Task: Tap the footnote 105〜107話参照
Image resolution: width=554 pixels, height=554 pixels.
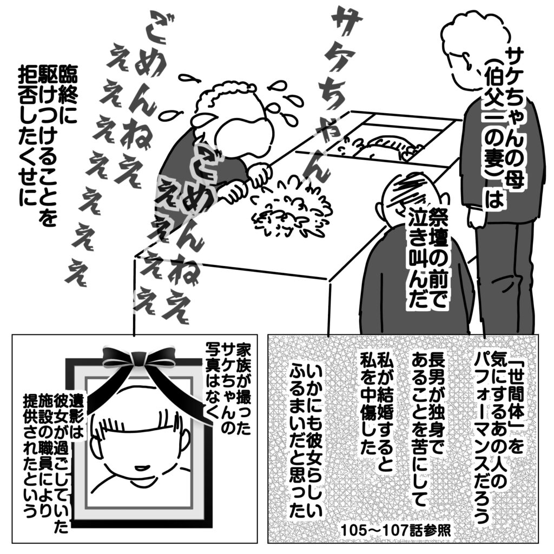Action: point(395,530)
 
